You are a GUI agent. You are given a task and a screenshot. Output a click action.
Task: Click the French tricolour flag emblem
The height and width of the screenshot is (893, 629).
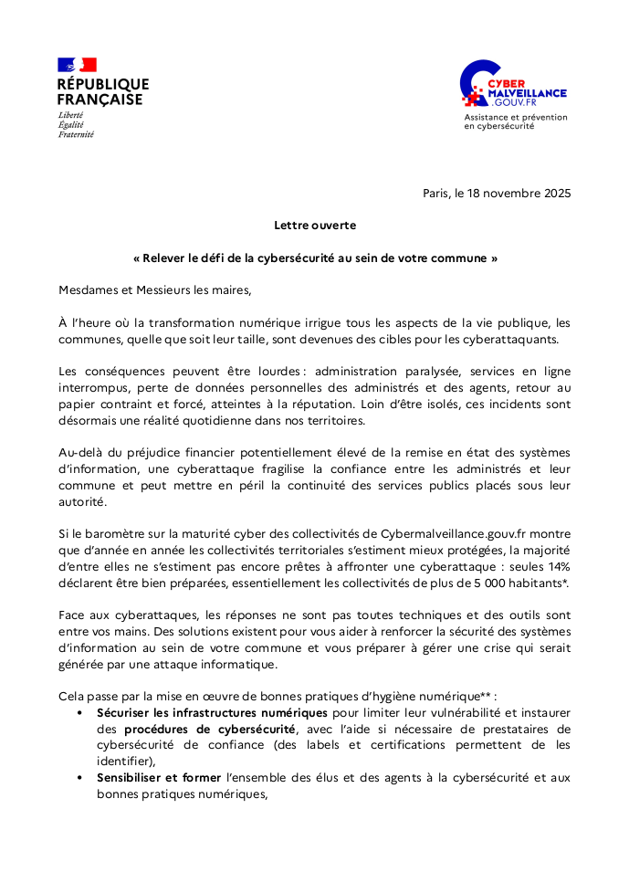click(x=77, y=65)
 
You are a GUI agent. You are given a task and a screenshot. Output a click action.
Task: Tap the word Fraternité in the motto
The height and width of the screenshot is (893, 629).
click(x=76, y=134)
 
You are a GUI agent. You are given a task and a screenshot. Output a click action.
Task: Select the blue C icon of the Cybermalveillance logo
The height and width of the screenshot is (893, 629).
click(x=477, y=85)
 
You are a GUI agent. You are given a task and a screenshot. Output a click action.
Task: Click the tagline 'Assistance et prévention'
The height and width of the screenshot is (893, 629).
click(x=515, y=117)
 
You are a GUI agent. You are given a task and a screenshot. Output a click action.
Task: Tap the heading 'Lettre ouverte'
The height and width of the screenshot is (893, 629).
click(x=315, y=225)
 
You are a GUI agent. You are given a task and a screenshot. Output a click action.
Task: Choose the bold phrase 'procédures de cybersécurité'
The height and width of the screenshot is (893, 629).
click(x=210, y=729)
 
